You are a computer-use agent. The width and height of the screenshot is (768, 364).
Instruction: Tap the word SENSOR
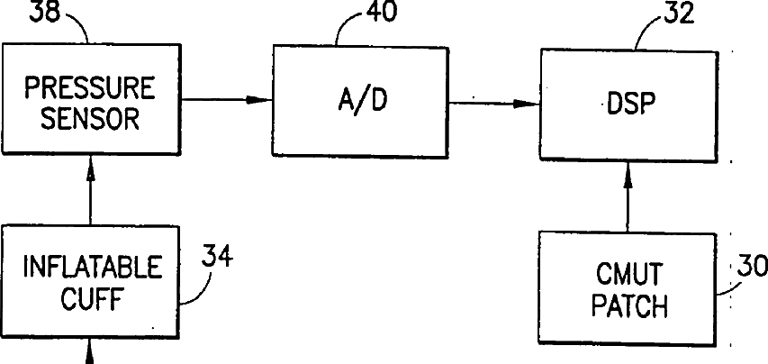point(90,117)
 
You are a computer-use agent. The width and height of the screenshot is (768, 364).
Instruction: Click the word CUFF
point(91,298)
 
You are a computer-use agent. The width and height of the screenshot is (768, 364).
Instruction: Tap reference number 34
point(216,258)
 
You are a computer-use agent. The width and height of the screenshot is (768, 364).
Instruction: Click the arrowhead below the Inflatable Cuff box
point(91,358)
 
